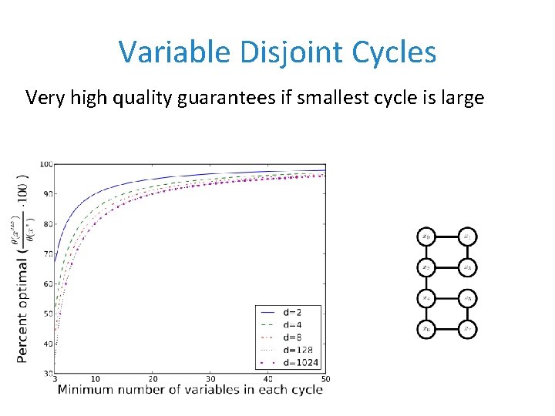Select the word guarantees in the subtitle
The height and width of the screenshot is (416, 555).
(240, 98)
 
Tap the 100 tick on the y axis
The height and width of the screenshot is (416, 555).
(45, 164)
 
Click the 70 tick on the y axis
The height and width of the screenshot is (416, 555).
(48, 254)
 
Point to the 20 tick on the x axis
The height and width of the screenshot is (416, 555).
(153, 379)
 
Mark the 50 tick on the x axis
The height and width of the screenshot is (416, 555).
(325, 379)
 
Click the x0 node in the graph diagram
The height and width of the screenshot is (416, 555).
(425, 236)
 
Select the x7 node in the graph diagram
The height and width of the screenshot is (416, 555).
(468, 329)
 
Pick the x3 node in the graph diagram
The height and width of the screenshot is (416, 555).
(468, 267)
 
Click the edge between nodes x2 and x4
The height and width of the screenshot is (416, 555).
(425, 283)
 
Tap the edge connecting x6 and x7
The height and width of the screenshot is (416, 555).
(446, 329)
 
